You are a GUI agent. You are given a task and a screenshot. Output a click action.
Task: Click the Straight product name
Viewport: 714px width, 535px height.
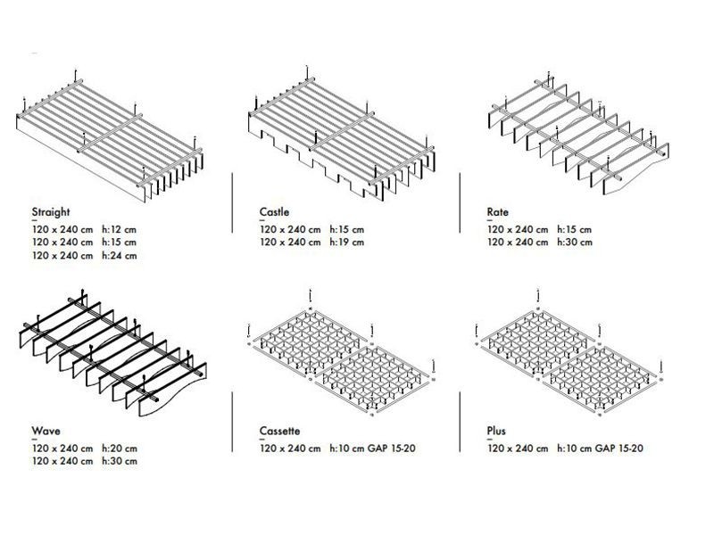(x=51, y=212)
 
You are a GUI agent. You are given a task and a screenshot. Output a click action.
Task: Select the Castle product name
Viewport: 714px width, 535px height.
(x=274, y=212)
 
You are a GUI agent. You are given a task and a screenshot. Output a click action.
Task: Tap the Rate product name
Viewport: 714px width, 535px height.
(x=498, y=212)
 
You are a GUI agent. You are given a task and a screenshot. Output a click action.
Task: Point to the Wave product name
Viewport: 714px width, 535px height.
(x=46, y=431)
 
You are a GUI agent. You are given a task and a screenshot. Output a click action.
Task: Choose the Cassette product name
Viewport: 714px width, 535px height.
(x=279, y=431)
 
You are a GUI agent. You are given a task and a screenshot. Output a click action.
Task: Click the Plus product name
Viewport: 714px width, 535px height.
(x=496, y=431)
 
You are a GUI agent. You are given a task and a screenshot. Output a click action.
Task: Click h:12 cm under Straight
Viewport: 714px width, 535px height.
(x=119, y=229)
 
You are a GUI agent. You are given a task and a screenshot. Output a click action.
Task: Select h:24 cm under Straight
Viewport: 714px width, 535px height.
(x=119, y=256)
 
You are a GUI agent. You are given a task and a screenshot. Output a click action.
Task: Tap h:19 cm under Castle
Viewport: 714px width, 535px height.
(x=347, y=242)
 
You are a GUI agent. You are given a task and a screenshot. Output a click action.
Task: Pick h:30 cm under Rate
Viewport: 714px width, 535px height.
(x=575, y=242)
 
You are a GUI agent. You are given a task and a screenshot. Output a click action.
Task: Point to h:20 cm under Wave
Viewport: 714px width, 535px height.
(x=120, y=449)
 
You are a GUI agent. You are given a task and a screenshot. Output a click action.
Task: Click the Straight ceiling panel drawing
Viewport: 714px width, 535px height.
(x=109, y=136)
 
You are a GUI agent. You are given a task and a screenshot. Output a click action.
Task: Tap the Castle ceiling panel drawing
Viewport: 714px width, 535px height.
(x=342, y=135)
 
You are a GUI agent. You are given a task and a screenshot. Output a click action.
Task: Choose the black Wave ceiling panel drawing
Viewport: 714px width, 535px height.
(x=113, y=354)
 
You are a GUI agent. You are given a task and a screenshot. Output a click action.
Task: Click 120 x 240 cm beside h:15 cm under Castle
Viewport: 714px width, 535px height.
(x=290, y=229)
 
